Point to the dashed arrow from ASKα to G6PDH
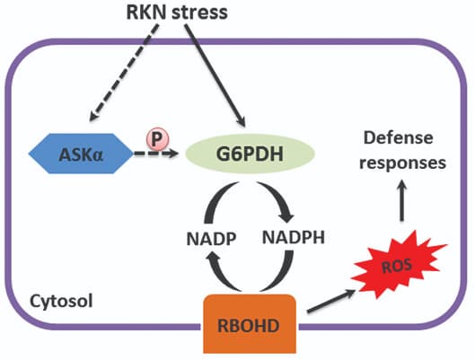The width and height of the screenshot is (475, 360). click(x=156, y=154)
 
